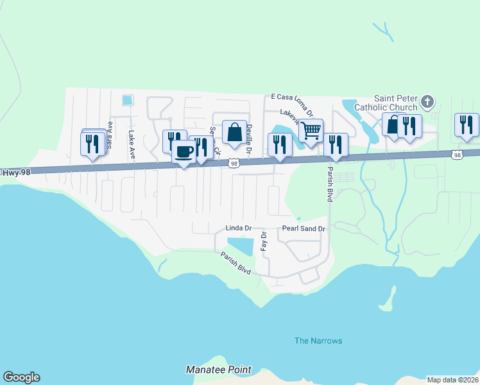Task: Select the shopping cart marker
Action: click(x=311, y=131)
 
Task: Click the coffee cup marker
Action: click(x=184, y=152)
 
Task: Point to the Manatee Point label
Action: click(x=219, y=370)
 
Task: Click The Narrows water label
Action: click(x=318, y=341)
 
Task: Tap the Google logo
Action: click(x=21, y=377)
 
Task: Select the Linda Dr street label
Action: click(x=237, y=228)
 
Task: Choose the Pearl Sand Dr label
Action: click(x=304, y=228)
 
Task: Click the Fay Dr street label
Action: click(x=263, y=241)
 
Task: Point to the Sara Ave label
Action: click(x=110, y=135)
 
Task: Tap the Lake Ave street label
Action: click(x=132, y=145)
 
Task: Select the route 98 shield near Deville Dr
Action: click(x=235, y=164)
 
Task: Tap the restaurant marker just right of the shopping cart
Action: click(x=335, y=145)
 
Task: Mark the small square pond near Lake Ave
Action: click(x=127, y=100)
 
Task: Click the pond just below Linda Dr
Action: click(x=240, y=245)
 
